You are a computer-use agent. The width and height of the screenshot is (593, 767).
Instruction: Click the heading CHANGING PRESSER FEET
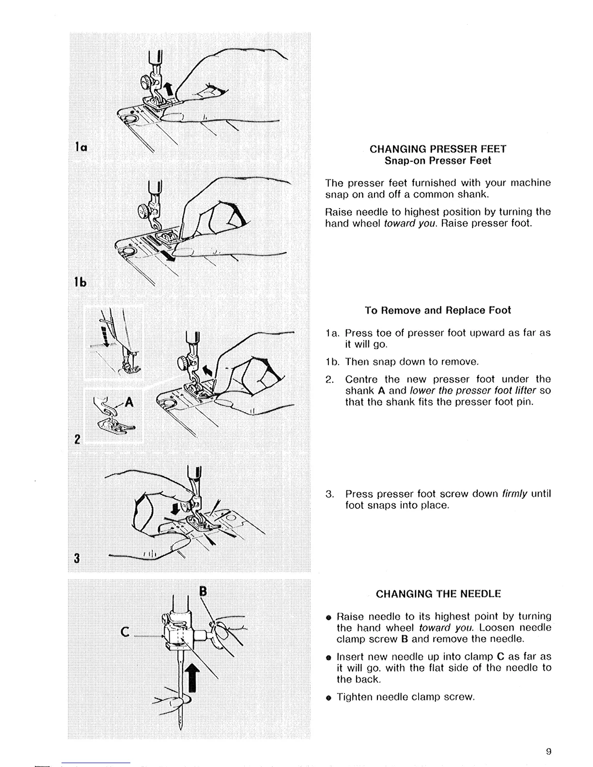[x=437, y=149]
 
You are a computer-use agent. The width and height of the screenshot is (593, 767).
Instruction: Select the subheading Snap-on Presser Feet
[x=437, y=160]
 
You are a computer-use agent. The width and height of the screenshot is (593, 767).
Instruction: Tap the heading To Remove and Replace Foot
[x=437, y=310]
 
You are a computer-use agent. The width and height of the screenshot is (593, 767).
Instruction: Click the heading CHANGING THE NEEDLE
[x=438, y=594]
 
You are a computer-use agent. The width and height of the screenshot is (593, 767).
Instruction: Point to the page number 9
[x=548, y=752]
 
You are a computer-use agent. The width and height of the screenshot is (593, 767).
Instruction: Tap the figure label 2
[x=77, y=439]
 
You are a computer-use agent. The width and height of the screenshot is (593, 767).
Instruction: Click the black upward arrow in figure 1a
[x=169, y=90]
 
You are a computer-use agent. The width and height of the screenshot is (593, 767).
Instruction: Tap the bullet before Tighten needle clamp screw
[x=328, y=698]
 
